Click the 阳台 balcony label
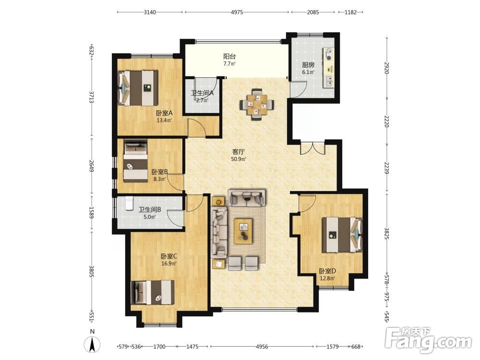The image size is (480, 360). click(x=229, y=57)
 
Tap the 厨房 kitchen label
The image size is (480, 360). click(x=308, y=65)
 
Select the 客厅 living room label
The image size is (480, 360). click(x=239, y=152)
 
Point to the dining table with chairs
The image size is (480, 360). click(x=257, y=104)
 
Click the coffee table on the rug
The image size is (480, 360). click(x=243, y=231)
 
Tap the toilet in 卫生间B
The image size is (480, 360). click(x=129, y=203)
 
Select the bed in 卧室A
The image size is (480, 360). click(x=138, y=88)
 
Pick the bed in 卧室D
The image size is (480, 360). click(x=342, y=235)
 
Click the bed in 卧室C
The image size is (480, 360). click(x=153, y=292)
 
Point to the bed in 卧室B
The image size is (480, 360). click(x=136, y=161)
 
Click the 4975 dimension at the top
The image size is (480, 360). click(x=237, y=12)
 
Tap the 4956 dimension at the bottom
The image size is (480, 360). click(x=262, y=347)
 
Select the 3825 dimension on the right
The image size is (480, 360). click(x=386, y=233)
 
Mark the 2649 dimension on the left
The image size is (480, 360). click(x=91, y=166)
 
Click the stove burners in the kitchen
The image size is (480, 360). click(x=328, y=54)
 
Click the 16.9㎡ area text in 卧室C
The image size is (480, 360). click(x=169, y=263)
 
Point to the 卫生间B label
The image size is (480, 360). click(x=150, y=210)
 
